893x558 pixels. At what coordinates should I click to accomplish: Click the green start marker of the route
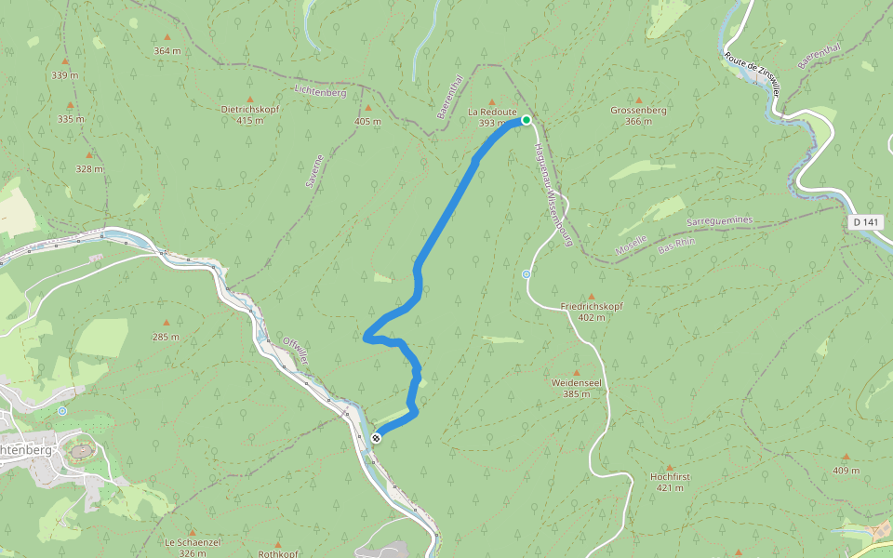(526, 120)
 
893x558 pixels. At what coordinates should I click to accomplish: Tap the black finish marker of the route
(376, 437)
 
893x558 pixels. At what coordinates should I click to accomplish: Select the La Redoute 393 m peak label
(492, 117)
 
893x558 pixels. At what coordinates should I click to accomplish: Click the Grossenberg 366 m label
(638, 115)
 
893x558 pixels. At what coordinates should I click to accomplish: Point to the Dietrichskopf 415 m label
(249, 114)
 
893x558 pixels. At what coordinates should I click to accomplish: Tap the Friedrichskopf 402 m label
(591, 312)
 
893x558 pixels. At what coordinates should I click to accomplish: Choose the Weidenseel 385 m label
(577, 388)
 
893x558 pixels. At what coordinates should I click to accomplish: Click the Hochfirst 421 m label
(670, 482)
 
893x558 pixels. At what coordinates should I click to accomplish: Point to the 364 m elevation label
(167, 50)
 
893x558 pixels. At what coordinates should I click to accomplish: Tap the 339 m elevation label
(64, 74)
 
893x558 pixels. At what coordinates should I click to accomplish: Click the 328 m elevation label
(89, 168)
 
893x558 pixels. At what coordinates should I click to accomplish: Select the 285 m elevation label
(167, 337)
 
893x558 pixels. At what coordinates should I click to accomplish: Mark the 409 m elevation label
(846, 470)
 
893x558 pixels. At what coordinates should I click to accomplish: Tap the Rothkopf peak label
(278, 553)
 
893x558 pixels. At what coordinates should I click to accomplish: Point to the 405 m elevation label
(367, 121)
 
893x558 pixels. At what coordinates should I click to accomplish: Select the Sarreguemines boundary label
(719, 221)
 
